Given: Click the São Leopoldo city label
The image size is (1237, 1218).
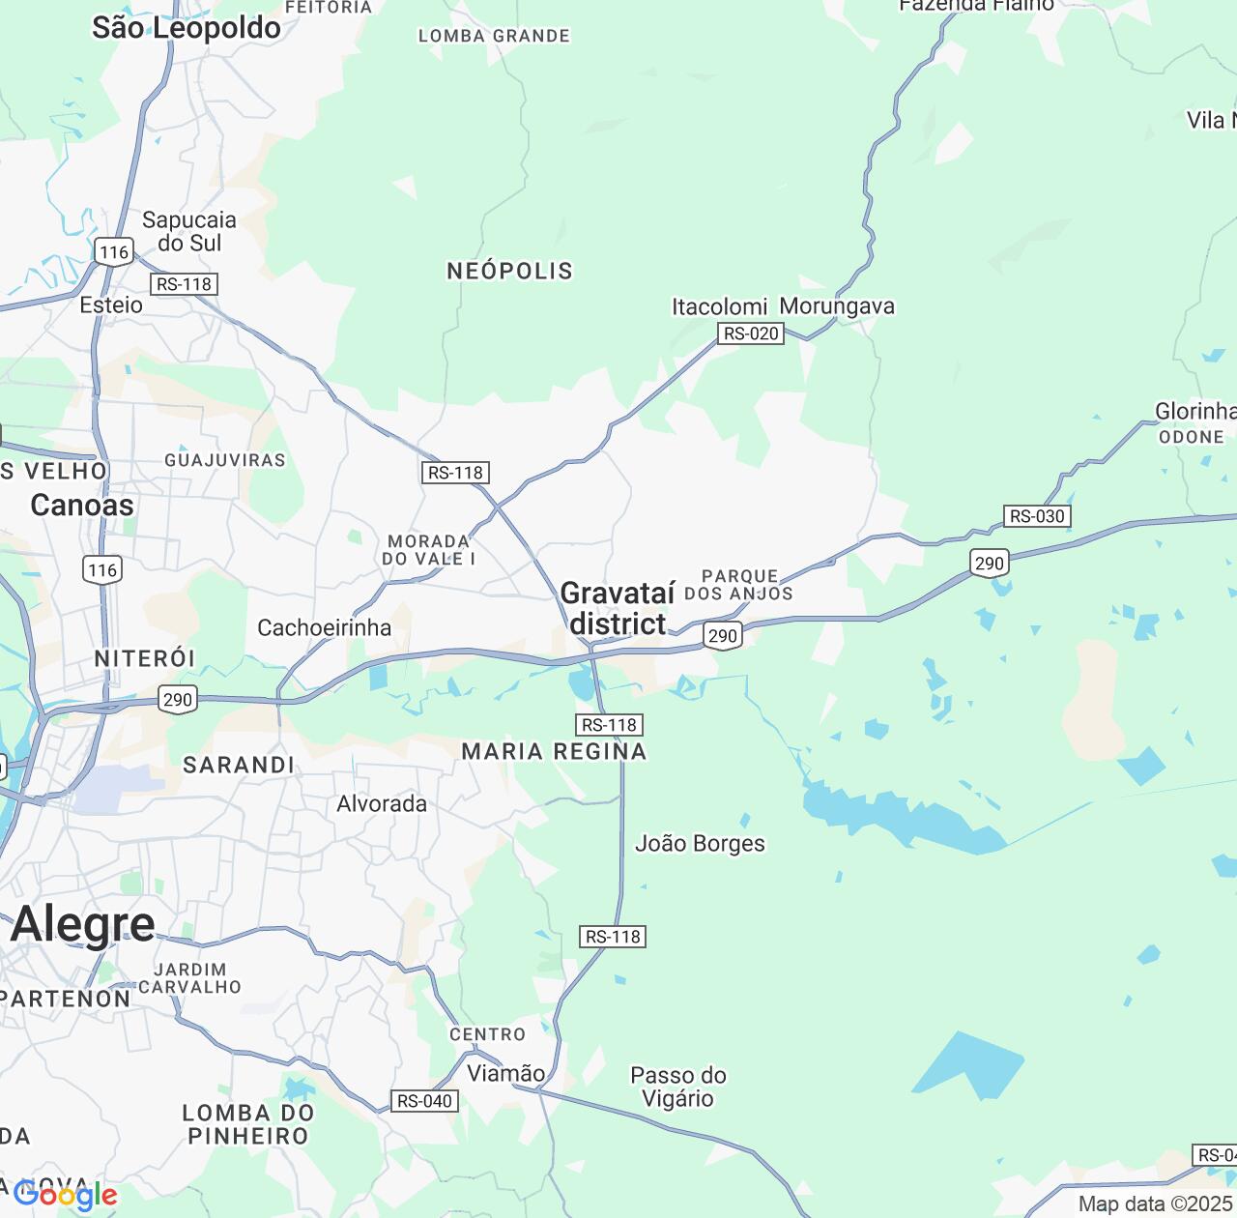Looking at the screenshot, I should coord(187,28).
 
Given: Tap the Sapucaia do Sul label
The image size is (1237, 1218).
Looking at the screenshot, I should coord(189,231).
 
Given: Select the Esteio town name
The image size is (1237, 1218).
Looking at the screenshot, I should coord(111,305).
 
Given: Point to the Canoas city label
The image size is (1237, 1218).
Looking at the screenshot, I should coord(82,505).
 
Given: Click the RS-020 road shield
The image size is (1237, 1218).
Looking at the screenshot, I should coord(751,333).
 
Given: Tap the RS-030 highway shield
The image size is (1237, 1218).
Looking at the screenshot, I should coord(1036,516).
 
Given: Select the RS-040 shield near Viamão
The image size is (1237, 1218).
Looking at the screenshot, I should coord(424,1101).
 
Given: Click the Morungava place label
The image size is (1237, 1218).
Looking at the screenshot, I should coord(837,306).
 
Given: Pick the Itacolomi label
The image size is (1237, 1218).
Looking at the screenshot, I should coord(720,307).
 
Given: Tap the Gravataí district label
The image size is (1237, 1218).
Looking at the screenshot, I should coord(618,608).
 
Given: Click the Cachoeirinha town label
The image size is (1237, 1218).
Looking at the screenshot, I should coord(325,628).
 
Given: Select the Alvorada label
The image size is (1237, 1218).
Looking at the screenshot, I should coord(382,804).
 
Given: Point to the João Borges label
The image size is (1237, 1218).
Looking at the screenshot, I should coord(700,844).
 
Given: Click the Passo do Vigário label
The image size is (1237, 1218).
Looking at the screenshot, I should coord(677,1087).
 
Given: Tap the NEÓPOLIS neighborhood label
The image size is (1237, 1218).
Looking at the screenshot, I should coord(509,272).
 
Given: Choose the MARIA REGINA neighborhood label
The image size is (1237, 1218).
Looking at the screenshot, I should coord(554,751).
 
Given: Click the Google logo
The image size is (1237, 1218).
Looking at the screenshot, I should coord(66,1196).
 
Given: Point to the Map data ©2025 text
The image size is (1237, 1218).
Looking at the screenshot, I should coord(1156,1204).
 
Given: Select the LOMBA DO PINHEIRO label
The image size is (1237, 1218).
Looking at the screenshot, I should coord(248,1124).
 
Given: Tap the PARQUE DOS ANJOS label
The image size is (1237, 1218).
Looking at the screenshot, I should coord(739,585).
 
